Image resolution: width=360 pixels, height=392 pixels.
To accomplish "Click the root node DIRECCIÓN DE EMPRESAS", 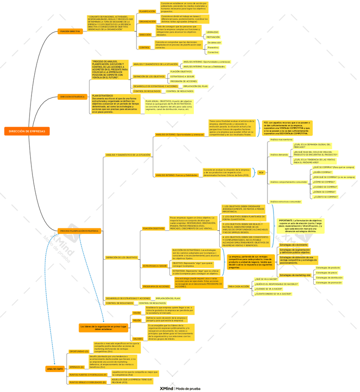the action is point(27,131).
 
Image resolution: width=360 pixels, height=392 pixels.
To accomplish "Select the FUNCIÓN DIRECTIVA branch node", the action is point(69,31).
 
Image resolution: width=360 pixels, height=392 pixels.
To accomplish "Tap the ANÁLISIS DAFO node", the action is point(55,369).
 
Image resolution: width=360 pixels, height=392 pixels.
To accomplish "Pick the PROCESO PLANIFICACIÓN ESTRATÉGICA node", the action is point(79,231).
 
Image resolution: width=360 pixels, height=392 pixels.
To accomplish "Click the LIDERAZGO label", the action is point(212,32).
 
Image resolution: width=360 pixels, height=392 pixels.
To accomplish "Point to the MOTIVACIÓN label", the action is point(213,37).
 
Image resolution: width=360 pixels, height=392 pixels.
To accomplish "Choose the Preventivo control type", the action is point(213,47).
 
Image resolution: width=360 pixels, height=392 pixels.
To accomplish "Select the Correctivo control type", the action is point(213,52).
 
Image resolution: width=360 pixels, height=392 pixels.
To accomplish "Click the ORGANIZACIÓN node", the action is point(148,21).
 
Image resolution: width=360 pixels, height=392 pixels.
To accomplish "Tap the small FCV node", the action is point(261,172).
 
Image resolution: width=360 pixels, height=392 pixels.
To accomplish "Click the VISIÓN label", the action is point(137,313).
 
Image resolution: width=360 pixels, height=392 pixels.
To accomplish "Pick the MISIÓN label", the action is point(137,320).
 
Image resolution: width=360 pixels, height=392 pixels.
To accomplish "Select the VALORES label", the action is point(138,338).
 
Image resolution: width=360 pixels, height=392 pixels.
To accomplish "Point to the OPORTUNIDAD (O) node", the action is point(79,351).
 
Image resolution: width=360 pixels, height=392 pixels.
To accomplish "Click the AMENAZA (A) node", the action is point(76,367).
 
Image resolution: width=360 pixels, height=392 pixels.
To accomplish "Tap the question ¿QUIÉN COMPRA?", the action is point(323,172).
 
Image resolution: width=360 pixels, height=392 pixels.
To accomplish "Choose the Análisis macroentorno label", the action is point(281,139).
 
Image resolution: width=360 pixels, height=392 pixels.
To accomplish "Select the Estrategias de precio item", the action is point(327,273).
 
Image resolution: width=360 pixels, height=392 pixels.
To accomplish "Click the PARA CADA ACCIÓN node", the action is point(238,287).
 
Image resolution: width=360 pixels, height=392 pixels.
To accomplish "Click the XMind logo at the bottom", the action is point(164,389).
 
